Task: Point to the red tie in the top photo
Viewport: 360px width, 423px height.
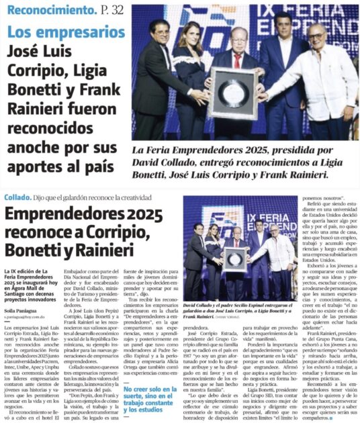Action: [x=236, y=61]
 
